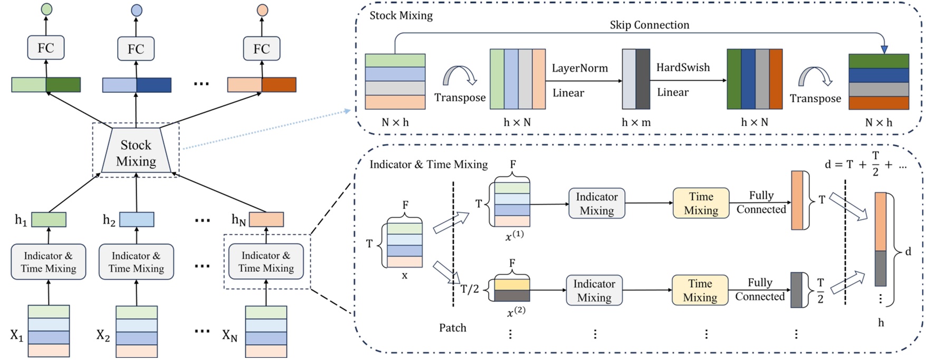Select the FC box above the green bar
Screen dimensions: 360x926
click(46, 48)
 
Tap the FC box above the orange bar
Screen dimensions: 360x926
click(262, 49)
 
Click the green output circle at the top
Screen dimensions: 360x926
click(46, 9)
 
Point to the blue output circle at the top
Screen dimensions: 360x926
click(136, 10)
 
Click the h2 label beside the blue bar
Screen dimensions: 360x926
click(109, 220)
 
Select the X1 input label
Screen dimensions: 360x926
click(16, 335)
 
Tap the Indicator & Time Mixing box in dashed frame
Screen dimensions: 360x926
click(266, 262)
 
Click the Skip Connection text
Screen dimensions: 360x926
click(649, 25)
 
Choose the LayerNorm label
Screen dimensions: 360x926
click(579, 68)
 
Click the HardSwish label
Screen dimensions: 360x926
click(683, 68)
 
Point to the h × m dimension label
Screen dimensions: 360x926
click(636, 122)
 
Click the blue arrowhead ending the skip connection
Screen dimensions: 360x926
click(884, 50)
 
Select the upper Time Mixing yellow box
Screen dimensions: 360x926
click(701, 203)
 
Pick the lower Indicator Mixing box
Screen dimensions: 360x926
click(594, 290)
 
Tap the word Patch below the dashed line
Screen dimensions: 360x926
click(452, 328)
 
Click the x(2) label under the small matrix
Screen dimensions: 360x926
click(515, 312)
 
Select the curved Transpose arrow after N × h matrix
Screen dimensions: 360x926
click(459, 75)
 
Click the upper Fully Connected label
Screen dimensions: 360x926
click(761, 202)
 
